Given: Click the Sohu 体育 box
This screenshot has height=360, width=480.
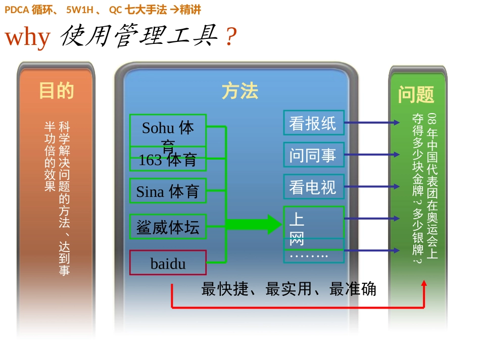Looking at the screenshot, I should [x=168, y=130].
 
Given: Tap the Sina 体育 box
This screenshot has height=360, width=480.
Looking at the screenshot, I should [x=168, y=191].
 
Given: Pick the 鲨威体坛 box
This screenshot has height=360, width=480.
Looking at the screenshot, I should [x=168, y=227].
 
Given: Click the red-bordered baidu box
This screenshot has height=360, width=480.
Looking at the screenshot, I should [x=168, y=263].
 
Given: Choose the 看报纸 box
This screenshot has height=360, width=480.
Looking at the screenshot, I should [x=313, y=123].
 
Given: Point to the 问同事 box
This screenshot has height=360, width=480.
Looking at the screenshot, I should [x=313, y=155].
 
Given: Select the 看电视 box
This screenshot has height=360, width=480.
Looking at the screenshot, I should [x=313, y=187].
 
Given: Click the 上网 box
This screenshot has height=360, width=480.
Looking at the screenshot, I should [x=313, y=222].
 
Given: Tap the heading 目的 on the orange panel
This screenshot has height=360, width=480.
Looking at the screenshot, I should [x=57, y=91].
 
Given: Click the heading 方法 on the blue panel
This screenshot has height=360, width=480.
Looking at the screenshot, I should [x=239, y=91].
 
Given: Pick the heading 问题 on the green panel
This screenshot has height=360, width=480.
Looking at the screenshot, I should [x=416, y=94].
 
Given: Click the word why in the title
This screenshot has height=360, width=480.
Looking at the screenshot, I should [x=28, y=37].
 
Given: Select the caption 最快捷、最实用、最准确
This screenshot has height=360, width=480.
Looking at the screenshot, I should [x=289, y=289].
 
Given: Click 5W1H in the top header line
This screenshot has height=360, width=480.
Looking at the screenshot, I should [x=80, y=10].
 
